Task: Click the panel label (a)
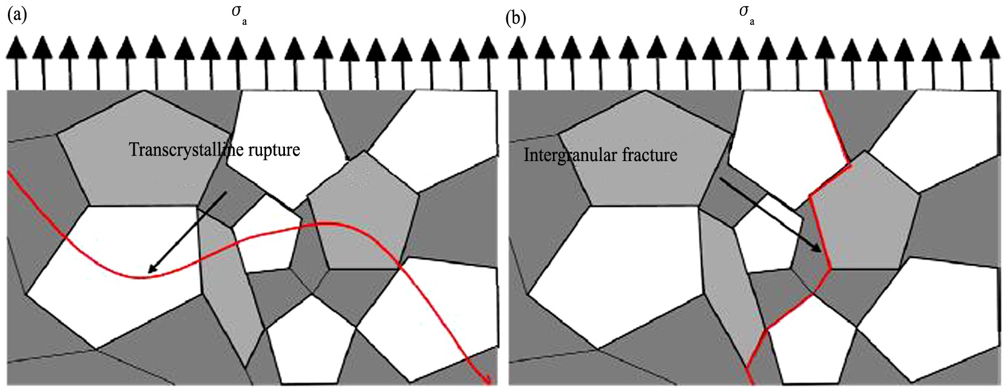click(17, 16)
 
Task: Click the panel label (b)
click(515, 18)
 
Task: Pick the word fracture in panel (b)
click(648, 156)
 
